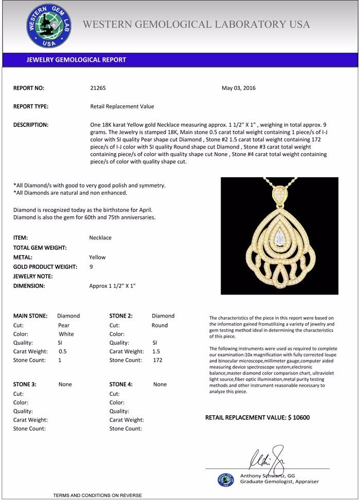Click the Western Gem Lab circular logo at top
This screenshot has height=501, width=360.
[49, 26]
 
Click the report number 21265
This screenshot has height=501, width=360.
[98, 88]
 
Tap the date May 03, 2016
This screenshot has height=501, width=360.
[239, 88]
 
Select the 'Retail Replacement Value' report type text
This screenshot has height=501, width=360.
[122, 106]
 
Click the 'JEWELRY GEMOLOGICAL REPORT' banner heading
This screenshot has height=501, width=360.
[76, 60]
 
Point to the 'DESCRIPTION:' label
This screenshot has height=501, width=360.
[31, 125]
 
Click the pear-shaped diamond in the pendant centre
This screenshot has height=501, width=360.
[280, 237]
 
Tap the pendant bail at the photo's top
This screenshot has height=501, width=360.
[279, 194]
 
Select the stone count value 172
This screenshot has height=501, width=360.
[157, 360]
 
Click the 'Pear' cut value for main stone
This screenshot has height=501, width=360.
[64, 325]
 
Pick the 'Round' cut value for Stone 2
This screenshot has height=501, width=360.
[159, 325]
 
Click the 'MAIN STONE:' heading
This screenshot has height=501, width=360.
[30, 316]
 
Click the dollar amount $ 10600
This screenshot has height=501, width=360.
[298, 418]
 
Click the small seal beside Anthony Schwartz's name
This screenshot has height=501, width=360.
[225, 479]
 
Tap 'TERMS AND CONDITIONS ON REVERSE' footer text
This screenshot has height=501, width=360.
[97, 495]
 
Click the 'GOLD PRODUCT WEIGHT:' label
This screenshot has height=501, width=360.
[45, 267]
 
